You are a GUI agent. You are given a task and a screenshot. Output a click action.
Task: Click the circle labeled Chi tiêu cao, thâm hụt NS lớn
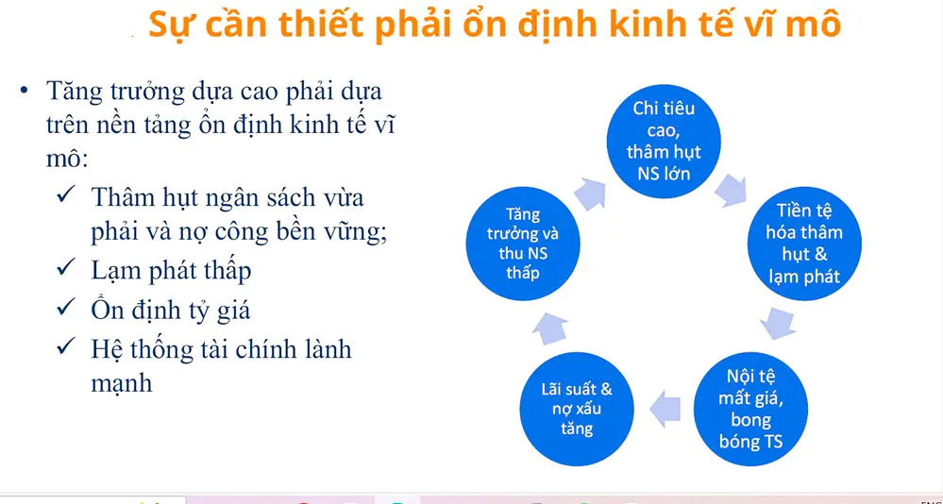[664, 142]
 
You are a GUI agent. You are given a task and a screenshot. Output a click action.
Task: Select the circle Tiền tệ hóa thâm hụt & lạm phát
[804, 244]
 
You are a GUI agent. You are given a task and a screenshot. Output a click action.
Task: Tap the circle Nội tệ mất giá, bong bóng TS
[750, 409]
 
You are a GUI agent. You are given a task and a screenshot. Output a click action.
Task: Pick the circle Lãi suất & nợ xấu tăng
[577, 409]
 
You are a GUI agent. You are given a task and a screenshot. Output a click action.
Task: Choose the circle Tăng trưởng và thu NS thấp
[523, 244]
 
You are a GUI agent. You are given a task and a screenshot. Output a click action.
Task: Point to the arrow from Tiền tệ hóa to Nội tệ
[778, 324]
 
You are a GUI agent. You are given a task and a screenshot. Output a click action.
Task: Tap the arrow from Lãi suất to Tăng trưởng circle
[549, 328]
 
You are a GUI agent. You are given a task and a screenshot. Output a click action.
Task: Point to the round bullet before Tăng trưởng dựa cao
[24, 91]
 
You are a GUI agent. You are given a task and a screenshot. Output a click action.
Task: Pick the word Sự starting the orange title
[165, 26]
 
